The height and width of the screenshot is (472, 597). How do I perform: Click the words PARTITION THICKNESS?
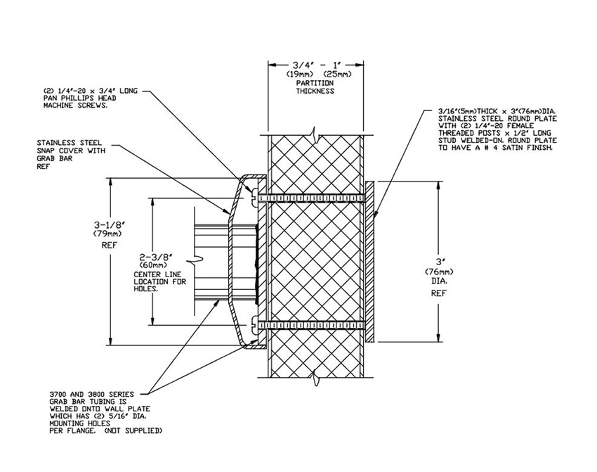(315, 87)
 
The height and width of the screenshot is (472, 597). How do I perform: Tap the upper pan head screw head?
(254, 197)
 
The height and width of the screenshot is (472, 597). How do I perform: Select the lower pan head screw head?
(254, 325)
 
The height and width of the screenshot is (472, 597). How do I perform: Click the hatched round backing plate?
(369, 261)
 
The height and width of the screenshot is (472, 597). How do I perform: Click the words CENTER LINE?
(157, 274)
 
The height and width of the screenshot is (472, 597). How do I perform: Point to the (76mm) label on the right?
(439, 272)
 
